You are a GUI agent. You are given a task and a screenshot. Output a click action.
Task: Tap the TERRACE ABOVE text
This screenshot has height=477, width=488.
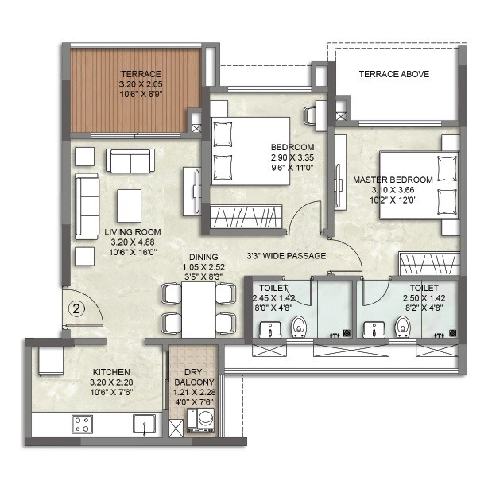point(393,74)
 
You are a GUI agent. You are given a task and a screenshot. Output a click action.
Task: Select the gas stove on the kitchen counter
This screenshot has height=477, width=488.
point(83,423)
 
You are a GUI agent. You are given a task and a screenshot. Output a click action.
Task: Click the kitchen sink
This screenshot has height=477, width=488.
point(144,424)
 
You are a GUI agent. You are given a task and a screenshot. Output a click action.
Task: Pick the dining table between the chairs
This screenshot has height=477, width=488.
point(198,308)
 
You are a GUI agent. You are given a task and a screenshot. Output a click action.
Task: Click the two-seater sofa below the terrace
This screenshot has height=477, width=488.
point(130,161)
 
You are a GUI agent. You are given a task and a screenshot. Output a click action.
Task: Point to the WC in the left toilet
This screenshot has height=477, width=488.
point(299,326)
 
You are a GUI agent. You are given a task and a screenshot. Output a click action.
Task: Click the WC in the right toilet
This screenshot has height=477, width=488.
point(403,326)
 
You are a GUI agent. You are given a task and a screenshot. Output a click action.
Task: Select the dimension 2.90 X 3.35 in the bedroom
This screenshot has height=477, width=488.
point(293,157)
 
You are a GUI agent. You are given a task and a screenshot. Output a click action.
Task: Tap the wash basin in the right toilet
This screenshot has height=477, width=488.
point(371,328)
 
